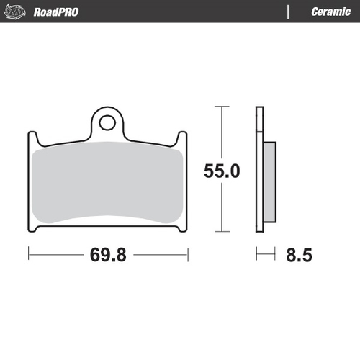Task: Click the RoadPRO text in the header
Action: pyautogui.click(x=56, y=12)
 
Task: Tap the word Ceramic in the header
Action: pyautogui.click(x=330, y=12)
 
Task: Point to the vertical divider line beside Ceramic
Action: pyautogui.click(x=288, y=12)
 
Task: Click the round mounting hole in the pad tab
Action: pyautogui.click(x=107, y=122)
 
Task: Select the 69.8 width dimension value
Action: pyautogui.click(x=107, y=255)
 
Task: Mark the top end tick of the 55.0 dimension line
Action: pyautogui.click(x=220, y=107)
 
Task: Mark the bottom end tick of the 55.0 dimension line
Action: pyautogui.click(x=220, y=232)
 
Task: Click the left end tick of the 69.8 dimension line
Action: pyautogui.click(x=28, y=254)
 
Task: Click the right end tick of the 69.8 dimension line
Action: pyautogui.click(x=187, y=254)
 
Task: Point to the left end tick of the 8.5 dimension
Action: pyautogui.click(x=257, y=254)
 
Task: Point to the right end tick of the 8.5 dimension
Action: pyautogui.click(x=276, y=254)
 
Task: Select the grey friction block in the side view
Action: pyautogui.click(x=269, y=181)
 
